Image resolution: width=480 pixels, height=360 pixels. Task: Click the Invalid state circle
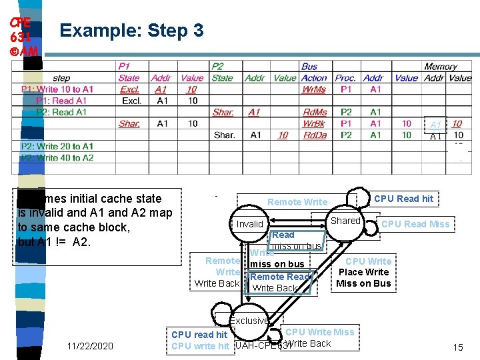pyautogui.click(x=250, y=224)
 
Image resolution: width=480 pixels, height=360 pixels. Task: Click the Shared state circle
pyautogui.click(x=345, y=221)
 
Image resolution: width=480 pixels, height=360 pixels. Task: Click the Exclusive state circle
pyautogui.click(x=249, y=321)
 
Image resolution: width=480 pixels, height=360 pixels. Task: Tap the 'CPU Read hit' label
pyautogui.click(x=403, y=198)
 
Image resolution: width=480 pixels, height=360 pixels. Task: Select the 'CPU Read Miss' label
pyautogui.click(x=415, y=224)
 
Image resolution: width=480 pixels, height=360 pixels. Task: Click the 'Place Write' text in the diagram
pyautogui.click(x=363, y=272)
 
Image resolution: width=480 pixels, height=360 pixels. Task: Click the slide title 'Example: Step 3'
pyautogui.click(x=131, y=30)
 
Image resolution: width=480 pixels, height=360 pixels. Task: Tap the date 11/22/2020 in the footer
pyautogui.click(x=91, y=345)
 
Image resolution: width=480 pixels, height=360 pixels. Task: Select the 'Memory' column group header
pyautogui.click(x=441, y=67)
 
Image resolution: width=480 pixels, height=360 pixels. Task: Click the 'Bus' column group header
pyautogui.click(x=309, y=67)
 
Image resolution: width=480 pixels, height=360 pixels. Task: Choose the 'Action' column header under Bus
pyautogui.click(x=314, y=78)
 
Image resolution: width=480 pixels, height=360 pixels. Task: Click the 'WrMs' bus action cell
pyautogui.click(x=314, y=89)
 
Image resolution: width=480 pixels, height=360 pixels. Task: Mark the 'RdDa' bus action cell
pyautogui.click(x=314, y=135)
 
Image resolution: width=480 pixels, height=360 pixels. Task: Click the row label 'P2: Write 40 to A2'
pyautogui.click(x=57, y=158)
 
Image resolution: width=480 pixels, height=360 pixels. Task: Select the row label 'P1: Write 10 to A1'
pyautogui.click(x=57, y=89)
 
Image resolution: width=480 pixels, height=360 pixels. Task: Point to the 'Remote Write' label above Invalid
pyautogui.click(x=297, y=202)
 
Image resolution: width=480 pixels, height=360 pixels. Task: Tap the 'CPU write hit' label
pyautogui.click(x=200, y=345)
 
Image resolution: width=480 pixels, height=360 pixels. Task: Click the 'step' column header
pyautogui.click(x=61, y=78)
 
